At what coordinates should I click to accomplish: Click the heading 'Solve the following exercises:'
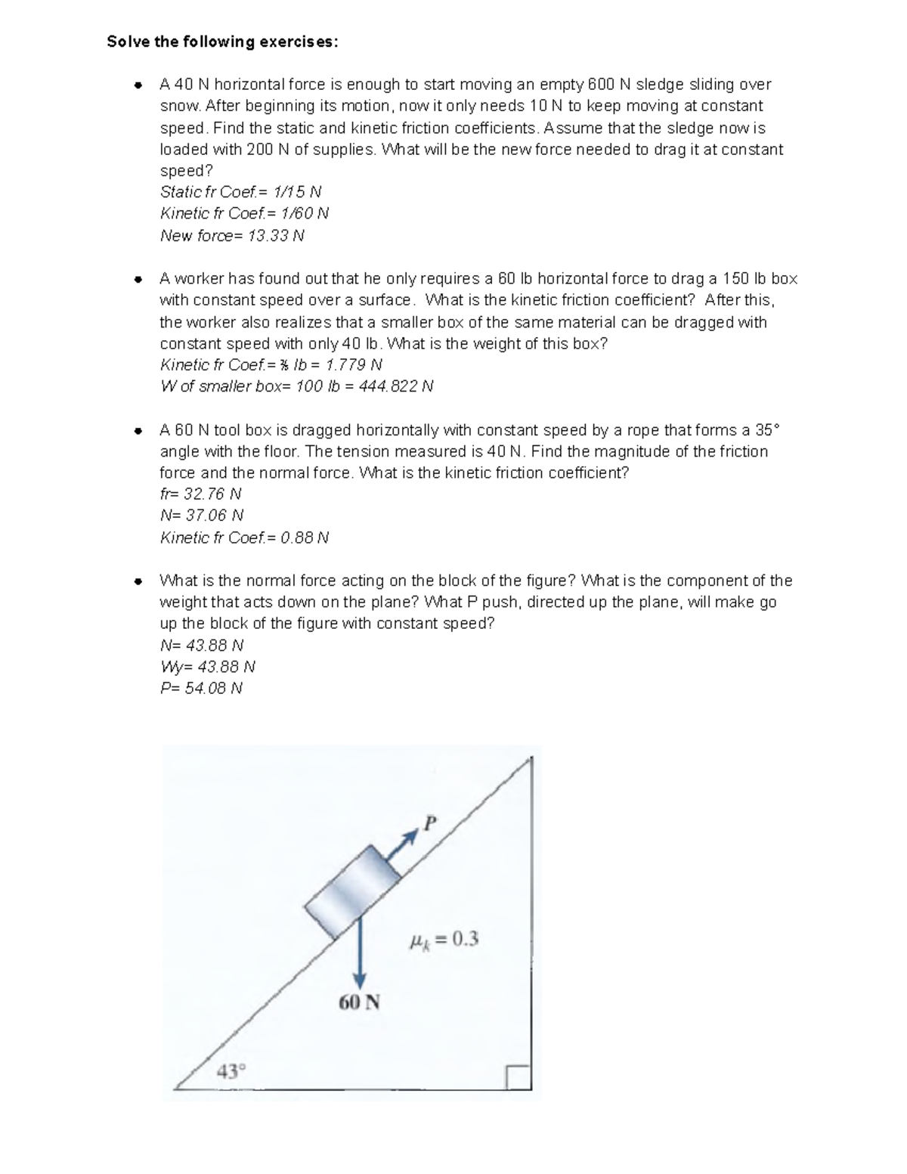coord(223,42)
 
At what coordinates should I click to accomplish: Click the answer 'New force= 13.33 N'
coord(232,236)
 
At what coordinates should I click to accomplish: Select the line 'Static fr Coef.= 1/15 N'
coord(240,192)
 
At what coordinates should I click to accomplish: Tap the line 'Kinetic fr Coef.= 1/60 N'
coord(244,214)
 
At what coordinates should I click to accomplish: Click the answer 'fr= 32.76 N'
coord(200,494)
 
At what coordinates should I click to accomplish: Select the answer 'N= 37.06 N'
coord(202,516)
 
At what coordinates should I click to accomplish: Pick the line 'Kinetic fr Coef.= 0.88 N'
coord(244,538)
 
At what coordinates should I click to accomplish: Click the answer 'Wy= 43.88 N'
coord(208,668)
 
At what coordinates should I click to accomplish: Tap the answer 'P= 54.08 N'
coord(201,689)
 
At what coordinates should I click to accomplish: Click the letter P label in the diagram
coord(430,823)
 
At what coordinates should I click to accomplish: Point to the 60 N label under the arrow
coord(359,1003)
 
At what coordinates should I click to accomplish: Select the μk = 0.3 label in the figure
coord(443,940)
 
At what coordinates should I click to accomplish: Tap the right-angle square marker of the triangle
coord(519,1077)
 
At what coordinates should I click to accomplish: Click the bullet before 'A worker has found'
coord(138,280)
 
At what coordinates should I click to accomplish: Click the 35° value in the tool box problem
coord(766,430)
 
